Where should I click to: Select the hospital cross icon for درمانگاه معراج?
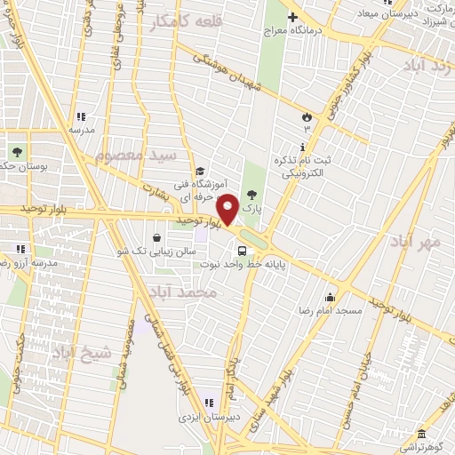point(292,17)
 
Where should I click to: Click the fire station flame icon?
point(307,116)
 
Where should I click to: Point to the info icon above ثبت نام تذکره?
point(306,145)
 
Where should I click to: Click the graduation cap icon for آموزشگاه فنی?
point(201,172)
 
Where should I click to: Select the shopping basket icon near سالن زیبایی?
point(157,237)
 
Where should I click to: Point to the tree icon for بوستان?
point(15,149)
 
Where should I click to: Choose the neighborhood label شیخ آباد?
point(84,353)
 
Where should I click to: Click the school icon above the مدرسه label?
point(81,116)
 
